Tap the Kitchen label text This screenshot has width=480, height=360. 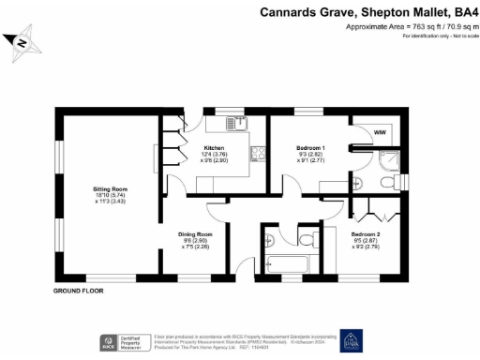215,148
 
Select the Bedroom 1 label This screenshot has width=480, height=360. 310,148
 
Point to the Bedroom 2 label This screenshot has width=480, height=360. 366,232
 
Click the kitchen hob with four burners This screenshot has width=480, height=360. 254,155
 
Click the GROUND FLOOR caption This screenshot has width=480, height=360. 78,291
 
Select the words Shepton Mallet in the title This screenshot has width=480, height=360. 401,12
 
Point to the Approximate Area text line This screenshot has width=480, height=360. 408,27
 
